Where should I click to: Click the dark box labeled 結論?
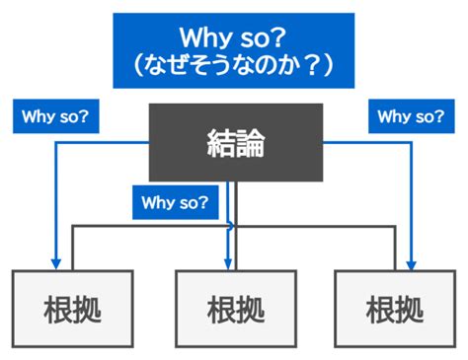point(235,143)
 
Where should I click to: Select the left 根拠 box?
point(73,310)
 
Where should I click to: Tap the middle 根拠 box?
point(235,310)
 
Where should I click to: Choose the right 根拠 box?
point(395,310)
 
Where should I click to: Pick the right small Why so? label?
point(411,116)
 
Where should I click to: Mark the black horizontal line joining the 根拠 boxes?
point(148,226)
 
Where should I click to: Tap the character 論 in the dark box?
point(252,144)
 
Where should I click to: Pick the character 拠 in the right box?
point(411,310)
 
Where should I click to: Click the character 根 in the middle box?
point(219,310)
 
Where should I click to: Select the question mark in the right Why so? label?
point(438,116)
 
